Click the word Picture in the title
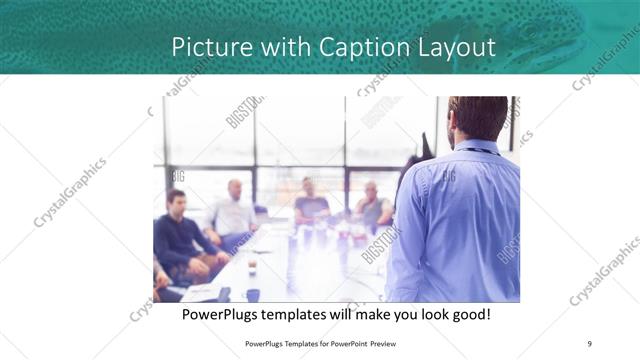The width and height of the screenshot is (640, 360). [x=204, y=47]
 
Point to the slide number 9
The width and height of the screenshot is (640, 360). [x=589, y=343]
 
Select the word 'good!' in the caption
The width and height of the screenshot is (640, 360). [x=467, y=315]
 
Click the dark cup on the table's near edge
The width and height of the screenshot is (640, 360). [x=252, y=294]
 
